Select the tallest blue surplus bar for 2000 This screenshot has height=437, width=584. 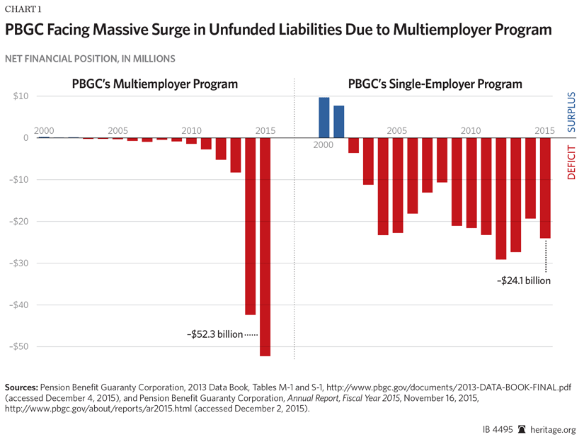[324, 118]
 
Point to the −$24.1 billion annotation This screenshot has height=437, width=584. [523, 280]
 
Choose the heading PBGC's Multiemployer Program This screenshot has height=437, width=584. [154, 84]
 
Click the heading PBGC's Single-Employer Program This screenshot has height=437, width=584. [435, 84]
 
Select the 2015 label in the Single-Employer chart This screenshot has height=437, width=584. [544, 131]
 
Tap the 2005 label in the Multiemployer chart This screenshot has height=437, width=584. [118, 131]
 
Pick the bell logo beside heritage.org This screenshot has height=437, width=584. [521, 429]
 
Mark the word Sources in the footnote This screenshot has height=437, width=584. [21, 388]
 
